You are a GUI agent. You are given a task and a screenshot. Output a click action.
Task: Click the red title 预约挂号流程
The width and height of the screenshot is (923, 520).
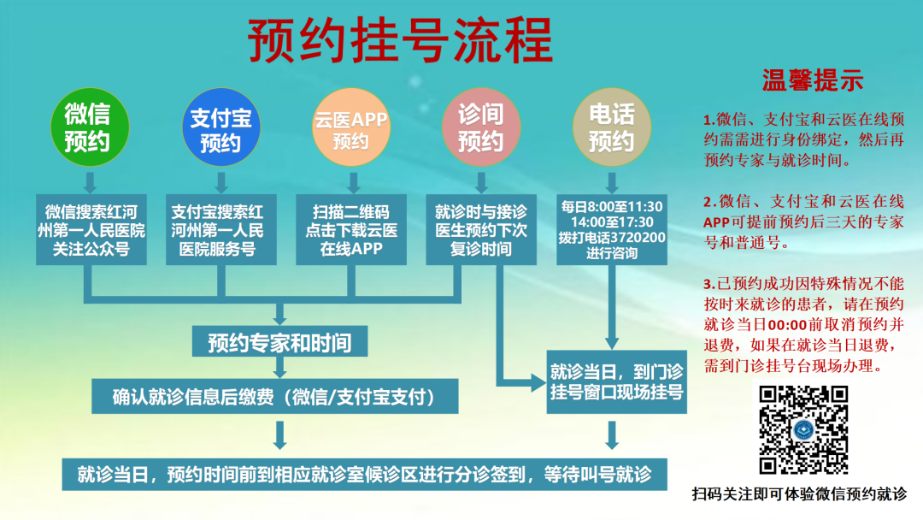[x=400, y=40]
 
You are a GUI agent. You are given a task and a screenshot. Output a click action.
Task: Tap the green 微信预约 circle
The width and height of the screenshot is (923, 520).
[x=87, y=127]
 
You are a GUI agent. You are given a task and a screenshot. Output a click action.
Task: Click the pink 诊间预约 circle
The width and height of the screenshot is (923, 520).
[x=480, y=127]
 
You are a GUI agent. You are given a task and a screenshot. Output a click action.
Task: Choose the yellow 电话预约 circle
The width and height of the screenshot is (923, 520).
[x=611, y=127]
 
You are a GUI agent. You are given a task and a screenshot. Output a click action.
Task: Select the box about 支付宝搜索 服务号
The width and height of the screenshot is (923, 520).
[x=220, y=230]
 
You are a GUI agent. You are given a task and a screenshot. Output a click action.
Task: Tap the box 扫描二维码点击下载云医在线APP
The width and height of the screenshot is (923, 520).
[x=350, y=230]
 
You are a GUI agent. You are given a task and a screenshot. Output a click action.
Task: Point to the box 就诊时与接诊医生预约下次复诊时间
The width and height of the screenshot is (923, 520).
[x=480, y=230]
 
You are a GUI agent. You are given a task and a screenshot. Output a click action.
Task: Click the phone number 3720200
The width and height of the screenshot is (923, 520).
[x=635, y=237]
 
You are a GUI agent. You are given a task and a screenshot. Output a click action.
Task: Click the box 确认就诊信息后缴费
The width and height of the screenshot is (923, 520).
[x=273, y=397]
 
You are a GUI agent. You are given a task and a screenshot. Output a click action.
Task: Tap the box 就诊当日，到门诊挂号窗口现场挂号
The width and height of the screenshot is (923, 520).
[x=616, y=382]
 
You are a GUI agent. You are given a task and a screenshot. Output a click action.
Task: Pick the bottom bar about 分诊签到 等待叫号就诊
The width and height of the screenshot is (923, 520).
[x=364, y=473]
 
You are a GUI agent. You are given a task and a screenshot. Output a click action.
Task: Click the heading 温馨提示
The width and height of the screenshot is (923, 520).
[x=812, y=80]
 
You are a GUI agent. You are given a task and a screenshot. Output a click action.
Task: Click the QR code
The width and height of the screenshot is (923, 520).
[x=803, y=429]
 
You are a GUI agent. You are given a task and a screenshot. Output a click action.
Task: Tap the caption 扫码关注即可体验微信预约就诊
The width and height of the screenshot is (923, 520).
[x=799, y=493]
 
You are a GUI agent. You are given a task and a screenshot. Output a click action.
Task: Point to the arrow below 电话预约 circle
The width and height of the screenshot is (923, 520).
[x=611, y=181]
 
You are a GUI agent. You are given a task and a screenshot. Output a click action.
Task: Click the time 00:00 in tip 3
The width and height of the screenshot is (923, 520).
[x=787, y=325]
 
